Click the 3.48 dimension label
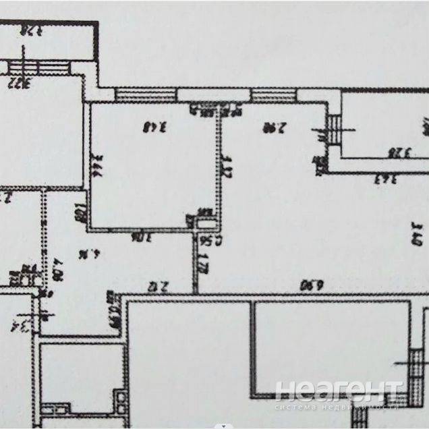tap(154, 125)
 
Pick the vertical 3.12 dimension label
tap(227, 165)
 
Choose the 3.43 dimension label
tap(385, 179)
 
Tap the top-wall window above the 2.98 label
tap(273, 94)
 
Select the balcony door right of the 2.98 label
tap(334, 128)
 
